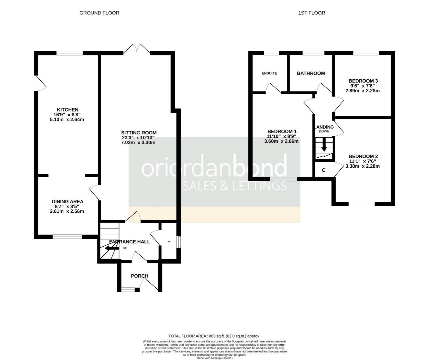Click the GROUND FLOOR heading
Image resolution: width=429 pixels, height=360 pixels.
coord(99,13)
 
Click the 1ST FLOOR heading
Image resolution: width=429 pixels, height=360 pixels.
coord(312,13)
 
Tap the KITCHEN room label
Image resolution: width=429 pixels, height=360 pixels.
coord(67,110)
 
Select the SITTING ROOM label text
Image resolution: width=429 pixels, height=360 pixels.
coord(139,133)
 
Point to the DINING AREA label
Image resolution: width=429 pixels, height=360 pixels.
coord(67,202)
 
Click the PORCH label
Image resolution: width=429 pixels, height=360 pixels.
coord(139,276)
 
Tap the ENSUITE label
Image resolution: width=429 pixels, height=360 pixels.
coord(269,73)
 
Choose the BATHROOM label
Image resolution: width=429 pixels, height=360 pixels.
coord(311,73)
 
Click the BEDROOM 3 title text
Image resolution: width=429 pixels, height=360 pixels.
coord(363,81)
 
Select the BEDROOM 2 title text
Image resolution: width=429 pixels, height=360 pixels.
coord(363,156)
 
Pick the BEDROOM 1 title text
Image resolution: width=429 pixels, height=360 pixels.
coord(282,131)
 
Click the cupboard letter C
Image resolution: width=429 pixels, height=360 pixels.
coord(324,171)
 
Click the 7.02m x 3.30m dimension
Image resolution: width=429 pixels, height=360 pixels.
coord(139,143)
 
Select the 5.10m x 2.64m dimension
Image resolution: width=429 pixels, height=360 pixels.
coord(67,120)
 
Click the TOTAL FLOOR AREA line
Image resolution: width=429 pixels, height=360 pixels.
coord(214,336)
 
